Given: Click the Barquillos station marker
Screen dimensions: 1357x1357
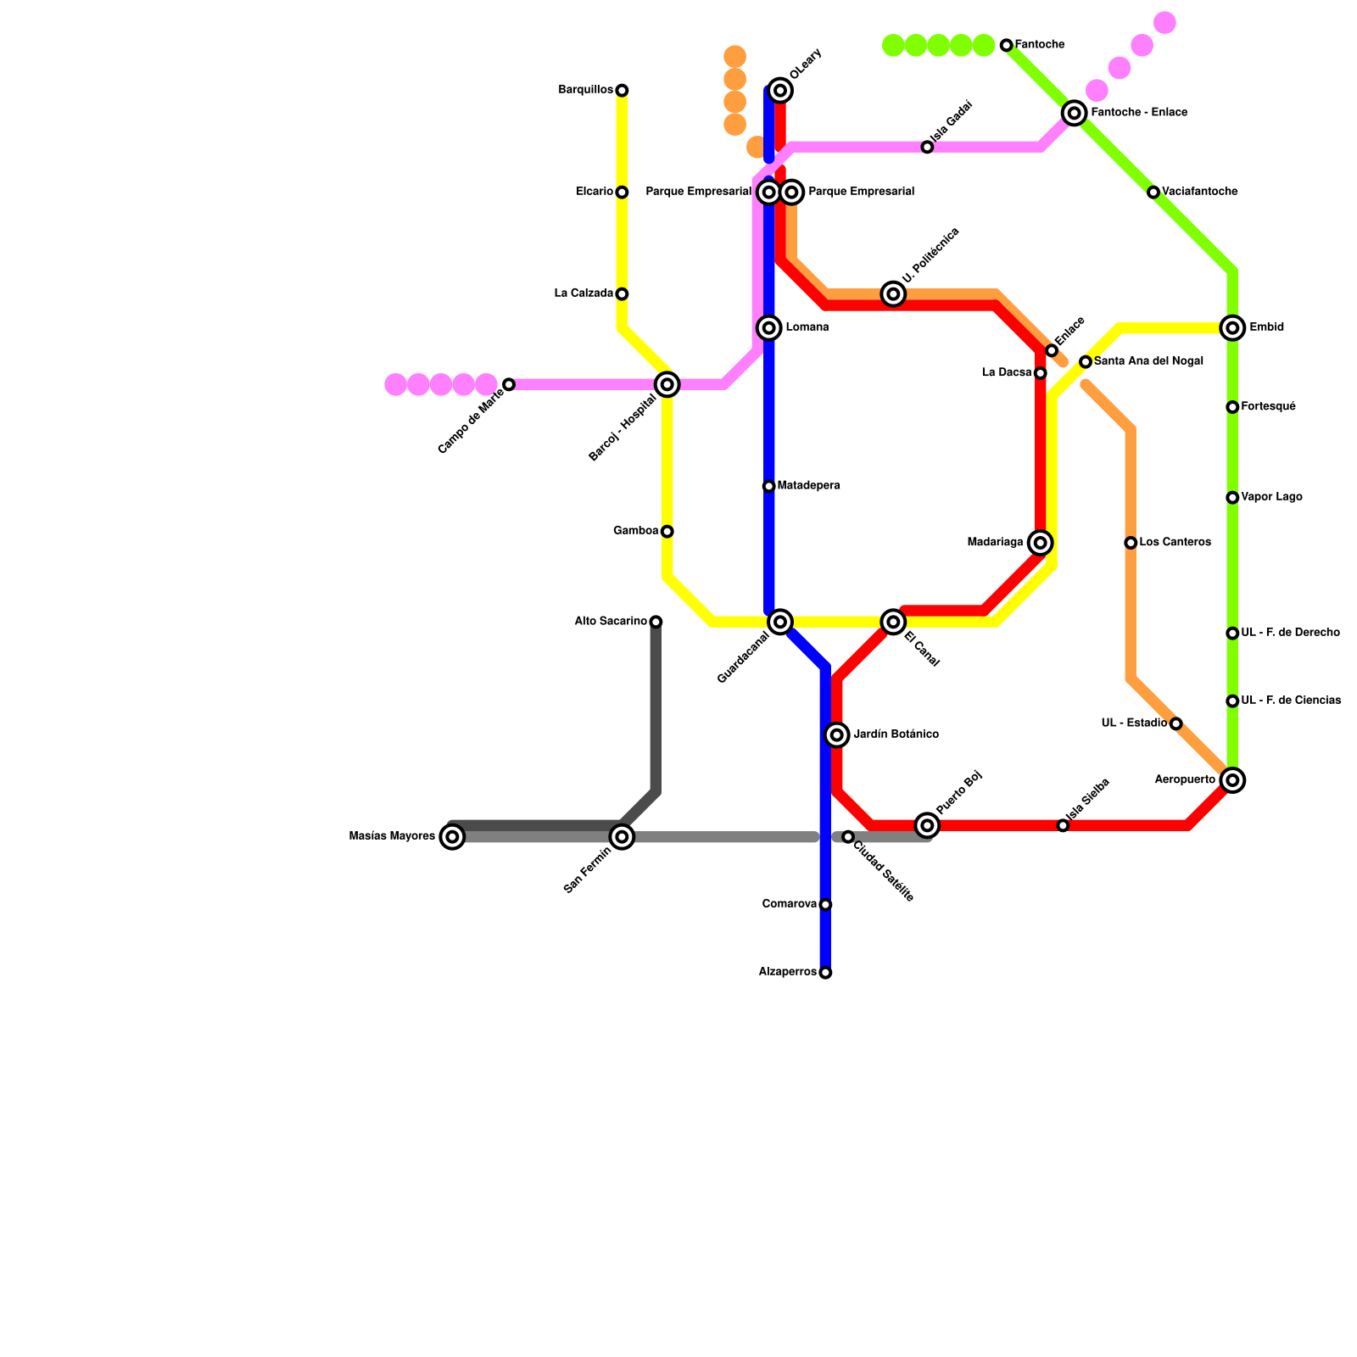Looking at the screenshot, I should point(622,90).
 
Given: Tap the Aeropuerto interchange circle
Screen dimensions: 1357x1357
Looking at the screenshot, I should point(1232,780).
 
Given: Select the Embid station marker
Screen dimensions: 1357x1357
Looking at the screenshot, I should point(1232,327).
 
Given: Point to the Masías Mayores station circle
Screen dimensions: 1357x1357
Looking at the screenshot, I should point(453,837).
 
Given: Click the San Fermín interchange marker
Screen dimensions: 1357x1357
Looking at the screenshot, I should point(622,837).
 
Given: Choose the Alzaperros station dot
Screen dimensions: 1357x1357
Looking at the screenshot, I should point(825,973).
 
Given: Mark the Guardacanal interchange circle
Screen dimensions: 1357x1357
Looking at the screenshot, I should point(780,622).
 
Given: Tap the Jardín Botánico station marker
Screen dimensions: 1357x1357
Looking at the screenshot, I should point(837,734).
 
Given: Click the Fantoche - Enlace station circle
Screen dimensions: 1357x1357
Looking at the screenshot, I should point(1075,113).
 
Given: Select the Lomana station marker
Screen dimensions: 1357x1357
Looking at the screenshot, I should point(769,327).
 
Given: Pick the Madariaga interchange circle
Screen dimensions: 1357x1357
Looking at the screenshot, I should point(1041,543).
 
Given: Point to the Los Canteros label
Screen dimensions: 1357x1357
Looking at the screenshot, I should point(1175,542).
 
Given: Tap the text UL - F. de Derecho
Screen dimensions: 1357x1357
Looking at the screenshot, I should point(1290,633).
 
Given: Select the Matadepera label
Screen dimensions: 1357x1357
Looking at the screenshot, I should point(808,486).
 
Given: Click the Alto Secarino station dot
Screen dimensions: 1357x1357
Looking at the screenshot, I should point(656,622).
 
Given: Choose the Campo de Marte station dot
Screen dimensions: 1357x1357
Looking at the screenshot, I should point(509,384).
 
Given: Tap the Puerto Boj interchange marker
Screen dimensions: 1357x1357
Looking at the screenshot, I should point(927,825).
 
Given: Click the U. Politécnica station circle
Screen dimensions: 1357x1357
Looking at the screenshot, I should point(893,293).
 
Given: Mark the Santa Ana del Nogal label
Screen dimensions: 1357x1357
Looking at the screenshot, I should point(1148,361).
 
